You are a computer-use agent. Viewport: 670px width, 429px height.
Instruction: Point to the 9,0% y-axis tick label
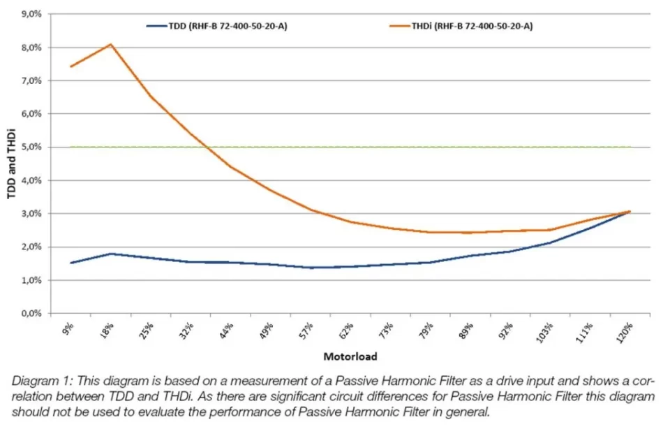pos(32,14)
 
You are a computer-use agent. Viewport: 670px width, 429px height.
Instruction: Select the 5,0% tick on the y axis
pos(32,147)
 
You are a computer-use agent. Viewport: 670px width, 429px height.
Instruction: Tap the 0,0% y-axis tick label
pos(32,313)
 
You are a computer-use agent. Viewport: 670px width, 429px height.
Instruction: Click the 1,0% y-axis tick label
pos(32,280)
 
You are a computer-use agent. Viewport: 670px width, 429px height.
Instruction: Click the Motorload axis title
pos(350,356)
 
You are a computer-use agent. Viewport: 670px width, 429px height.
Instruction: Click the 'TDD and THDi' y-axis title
pos(12,163)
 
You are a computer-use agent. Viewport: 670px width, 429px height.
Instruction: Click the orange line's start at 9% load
pos(70,66)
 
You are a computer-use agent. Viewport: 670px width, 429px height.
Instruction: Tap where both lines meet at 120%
pos(630,212)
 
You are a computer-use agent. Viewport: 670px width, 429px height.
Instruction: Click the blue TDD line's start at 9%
pos(70,263)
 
